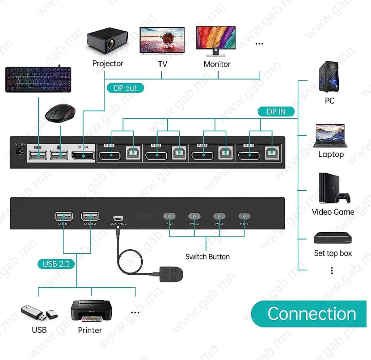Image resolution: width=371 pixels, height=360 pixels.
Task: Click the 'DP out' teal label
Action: click(x=125, y=88)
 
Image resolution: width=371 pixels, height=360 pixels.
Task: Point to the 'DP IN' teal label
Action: click(x=276, y=112)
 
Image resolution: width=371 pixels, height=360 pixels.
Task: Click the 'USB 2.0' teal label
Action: click(x=56, y=264)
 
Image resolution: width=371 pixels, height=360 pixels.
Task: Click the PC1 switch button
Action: click(x=169, y=216)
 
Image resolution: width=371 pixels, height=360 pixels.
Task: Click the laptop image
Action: click(x=331, y=136)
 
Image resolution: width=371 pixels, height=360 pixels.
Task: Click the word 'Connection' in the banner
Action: click(x=312, y=314)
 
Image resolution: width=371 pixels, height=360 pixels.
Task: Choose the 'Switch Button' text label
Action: click(x=207, y=257)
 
